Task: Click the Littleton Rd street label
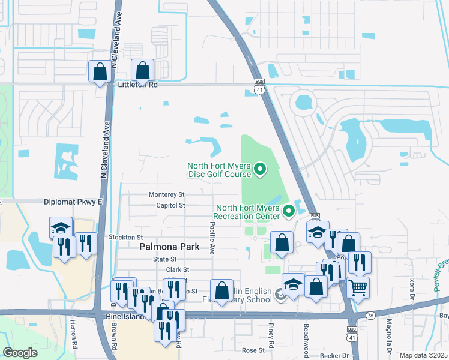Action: (136, 85)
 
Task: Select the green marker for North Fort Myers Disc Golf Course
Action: (260, 170)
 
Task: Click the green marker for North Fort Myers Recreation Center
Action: (289, 211)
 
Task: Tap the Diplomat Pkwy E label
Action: (73, 202)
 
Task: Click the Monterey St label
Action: (166, 194)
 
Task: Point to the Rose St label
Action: (253, 350)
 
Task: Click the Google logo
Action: (20, 353)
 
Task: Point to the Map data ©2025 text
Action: (423, 355)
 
